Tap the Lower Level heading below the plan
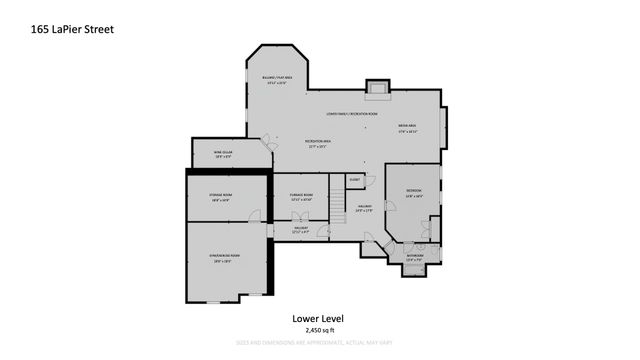319,318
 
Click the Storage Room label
220,197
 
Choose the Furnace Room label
301,196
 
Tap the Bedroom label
413,192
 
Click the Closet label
354,180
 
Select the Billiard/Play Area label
277,80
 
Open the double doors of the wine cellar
267,146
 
